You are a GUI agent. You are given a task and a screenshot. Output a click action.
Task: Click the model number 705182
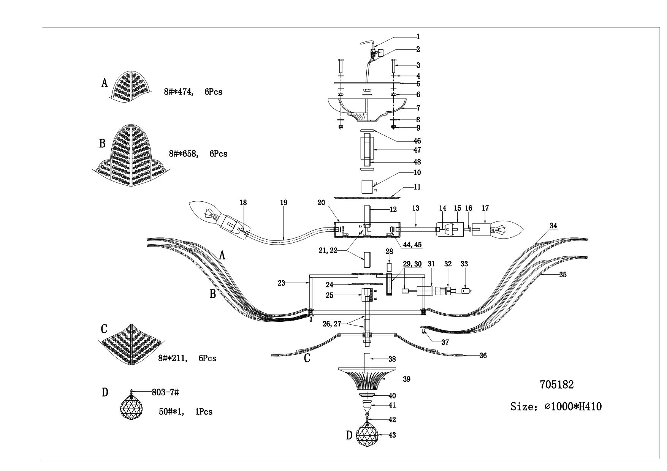coord(557,385)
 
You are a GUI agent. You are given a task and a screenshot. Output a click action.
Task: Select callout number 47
coord(417,150)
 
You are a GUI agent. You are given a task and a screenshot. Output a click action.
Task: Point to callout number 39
coord(406,379)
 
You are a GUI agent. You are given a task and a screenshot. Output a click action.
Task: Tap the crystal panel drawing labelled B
coord(131,156)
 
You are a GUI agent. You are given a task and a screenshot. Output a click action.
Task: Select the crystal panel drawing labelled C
coord(131,344)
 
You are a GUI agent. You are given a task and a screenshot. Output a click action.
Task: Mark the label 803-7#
coord(163,392)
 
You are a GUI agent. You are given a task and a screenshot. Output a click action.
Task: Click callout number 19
coord(284,203)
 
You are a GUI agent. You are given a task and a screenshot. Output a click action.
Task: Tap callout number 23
coord(281,283)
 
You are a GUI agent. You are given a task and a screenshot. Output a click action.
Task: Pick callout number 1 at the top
coord(418,37)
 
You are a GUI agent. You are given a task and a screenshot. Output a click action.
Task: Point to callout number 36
coord(483,356)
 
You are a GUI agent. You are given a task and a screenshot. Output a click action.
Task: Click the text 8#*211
coord(173,358)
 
